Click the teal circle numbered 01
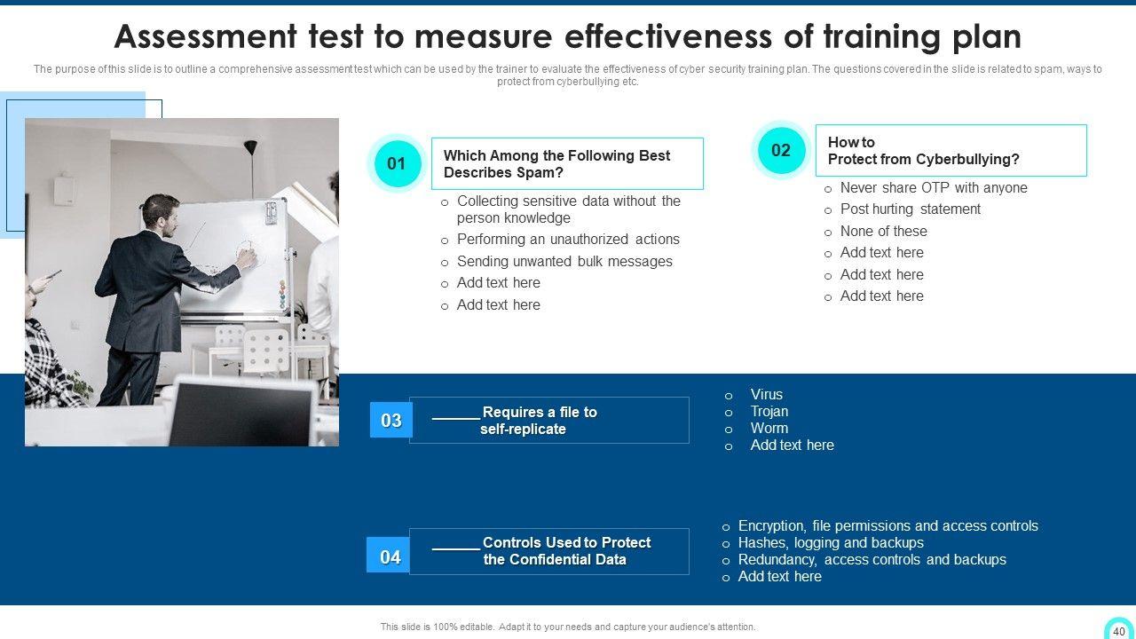[397, 163]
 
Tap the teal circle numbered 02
[781, 150]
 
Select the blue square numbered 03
[391, 420]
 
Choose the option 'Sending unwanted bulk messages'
[564, 261]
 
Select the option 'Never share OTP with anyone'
[934, 187]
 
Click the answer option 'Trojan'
[769, 411]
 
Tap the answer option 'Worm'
[769, 428]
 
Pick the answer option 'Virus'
[766, 394]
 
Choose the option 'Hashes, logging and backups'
[831, 542]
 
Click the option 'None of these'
[883, 232]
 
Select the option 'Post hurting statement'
[911, 209]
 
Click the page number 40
[1119, 631]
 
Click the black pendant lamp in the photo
[250, 147]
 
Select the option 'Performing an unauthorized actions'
[568, 239]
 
